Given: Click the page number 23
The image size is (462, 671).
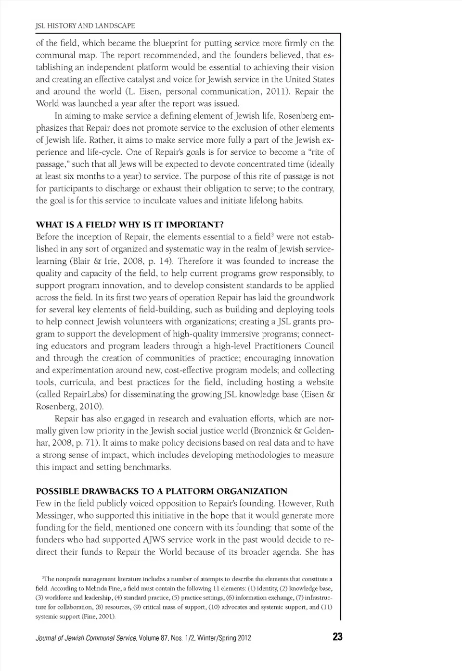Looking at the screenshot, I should click(337, 637).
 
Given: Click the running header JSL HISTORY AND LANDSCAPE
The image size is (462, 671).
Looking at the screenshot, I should click(85, 25).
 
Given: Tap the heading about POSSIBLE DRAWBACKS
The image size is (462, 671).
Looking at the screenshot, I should click(162, 491).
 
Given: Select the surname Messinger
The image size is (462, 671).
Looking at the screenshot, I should click(54, 515).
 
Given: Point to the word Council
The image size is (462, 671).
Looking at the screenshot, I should click(318, 346).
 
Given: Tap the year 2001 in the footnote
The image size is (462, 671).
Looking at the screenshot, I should click(104, 616).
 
